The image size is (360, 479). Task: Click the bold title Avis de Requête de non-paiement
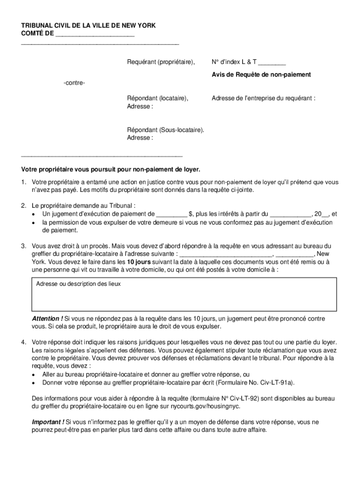pos(261,74)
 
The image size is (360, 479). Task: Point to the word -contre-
pos(74,83)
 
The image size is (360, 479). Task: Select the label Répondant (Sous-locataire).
pos(166,130)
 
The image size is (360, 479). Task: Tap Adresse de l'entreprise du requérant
pos(263,98)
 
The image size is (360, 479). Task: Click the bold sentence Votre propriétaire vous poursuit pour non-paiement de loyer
pos(110,169)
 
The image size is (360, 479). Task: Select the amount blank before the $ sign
pos(172,214)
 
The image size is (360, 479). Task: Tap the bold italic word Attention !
pos(47,319)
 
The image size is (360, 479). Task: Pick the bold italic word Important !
pos(48,422)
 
